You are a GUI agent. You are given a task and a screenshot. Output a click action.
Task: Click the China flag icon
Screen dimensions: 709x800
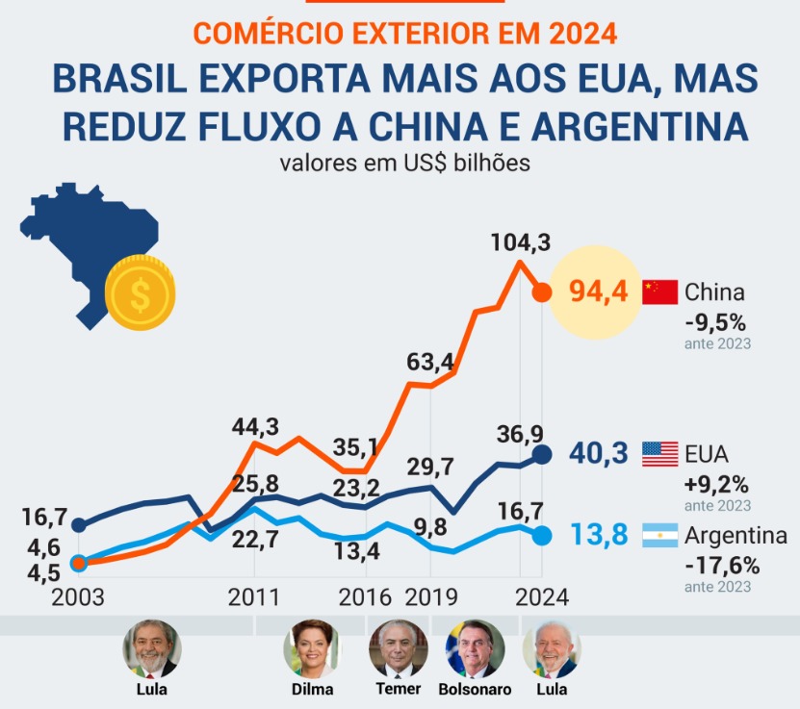[x=659, y=291]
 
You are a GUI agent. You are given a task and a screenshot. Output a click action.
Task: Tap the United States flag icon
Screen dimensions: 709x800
[x=659, y=453]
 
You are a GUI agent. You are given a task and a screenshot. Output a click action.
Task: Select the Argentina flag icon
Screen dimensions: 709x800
[x=659, y=535]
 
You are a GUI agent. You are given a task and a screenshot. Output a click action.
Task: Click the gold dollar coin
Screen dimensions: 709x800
[x=141, y=292]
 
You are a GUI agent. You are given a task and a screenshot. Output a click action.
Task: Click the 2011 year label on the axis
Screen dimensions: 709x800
[x=254, y=596]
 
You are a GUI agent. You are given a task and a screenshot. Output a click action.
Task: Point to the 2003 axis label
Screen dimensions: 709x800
[x=79, y=596]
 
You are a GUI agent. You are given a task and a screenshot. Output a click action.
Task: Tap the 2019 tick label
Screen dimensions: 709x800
[x=430, y=596]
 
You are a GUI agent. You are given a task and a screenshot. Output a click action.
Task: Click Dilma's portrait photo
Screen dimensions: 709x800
[x=311, y=649]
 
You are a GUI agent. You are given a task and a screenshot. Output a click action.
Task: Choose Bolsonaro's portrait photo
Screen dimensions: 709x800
[x=474, y=649]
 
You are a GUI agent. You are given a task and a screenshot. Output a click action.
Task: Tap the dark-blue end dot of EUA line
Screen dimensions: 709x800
[x=542, y=454]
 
